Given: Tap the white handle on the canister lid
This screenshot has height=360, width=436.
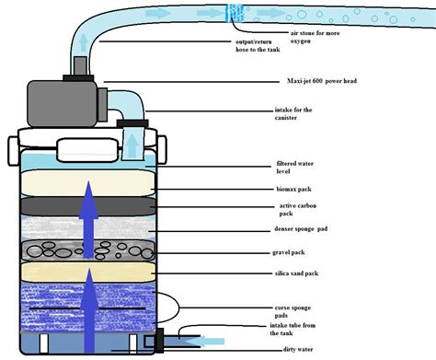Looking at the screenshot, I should coord(88,147).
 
